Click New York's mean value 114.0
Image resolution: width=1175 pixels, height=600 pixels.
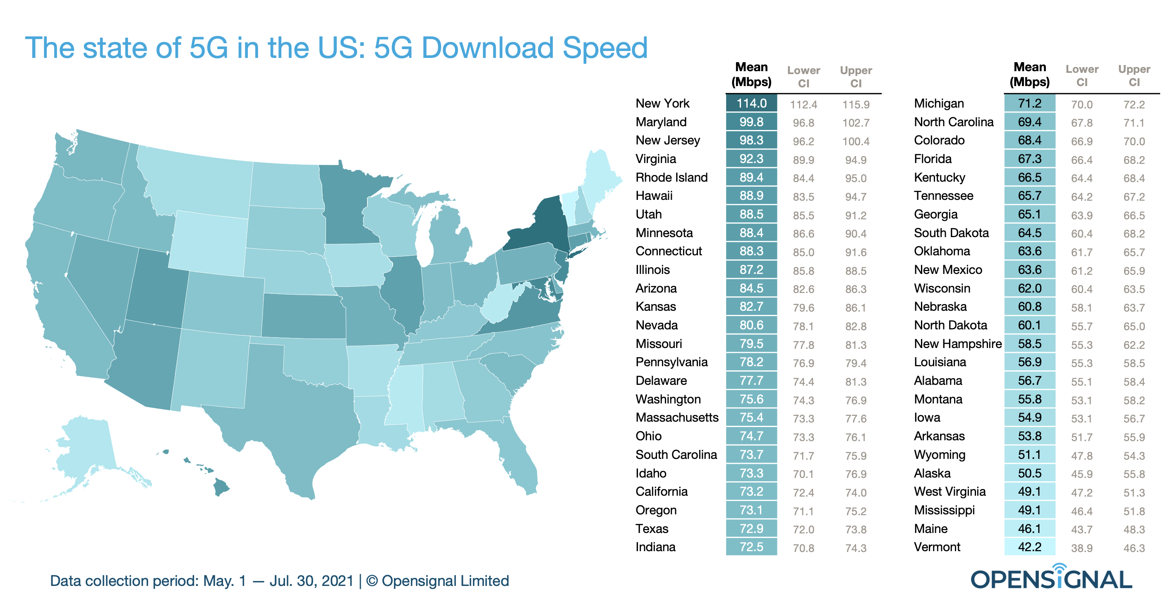pos(751,103)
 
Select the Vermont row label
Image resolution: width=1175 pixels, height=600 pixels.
pos(937,547)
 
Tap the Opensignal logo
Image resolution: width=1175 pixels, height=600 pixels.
pos(1051,578)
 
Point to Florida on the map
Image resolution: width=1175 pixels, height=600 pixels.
pos(520,461)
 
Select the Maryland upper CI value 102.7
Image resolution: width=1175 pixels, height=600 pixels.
pos(856,123)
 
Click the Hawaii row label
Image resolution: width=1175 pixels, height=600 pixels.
pos(654,196)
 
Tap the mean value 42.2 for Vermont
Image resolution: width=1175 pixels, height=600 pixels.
pos(1029,547)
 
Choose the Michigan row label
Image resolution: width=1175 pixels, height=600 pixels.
pos(939,103)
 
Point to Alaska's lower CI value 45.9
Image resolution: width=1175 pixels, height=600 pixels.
pos(1081,474)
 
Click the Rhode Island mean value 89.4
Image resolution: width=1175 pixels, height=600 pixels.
pos(751,178)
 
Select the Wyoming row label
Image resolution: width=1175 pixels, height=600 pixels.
pos(940,454)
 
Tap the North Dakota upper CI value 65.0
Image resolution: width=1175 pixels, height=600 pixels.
pos(1134,326)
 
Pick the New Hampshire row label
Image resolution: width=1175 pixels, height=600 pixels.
pos(957,343)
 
